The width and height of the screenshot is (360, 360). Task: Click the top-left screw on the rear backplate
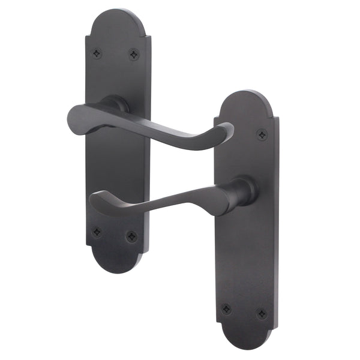pyautogui.click(x=97, y=54)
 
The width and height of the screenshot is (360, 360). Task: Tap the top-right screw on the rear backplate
pyautogui.click(x=133, y=55)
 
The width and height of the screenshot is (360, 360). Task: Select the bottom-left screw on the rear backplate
pyautogui.click(x=97, y=232)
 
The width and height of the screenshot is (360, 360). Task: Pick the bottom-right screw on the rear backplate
pyautogui.click(x=131, y=236)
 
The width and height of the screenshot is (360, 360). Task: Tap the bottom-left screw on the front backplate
pyautogui.click(x=226, y=308)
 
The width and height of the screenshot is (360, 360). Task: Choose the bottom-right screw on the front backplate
pyautogui.click(x=262, y=314)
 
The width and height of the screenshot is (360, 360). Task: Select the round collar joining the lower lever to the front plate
pyautogui.click(x=244, y=191)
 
